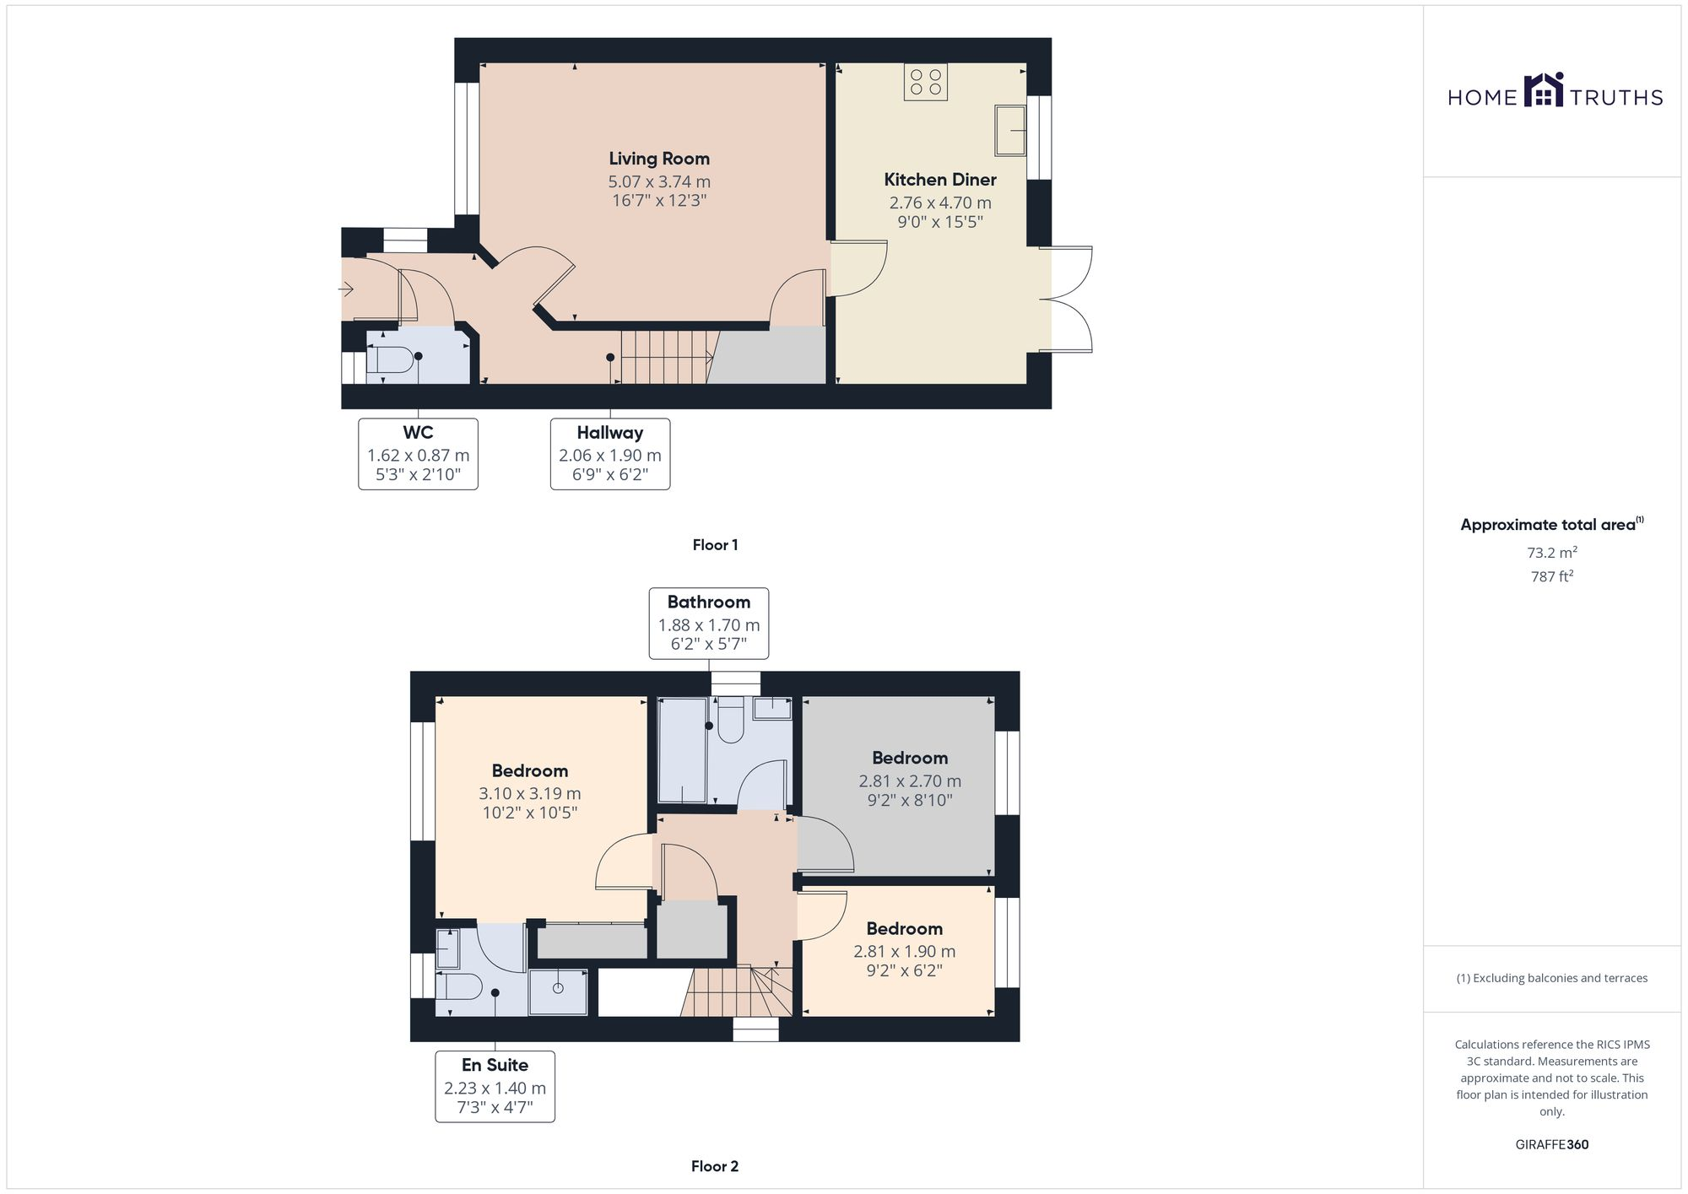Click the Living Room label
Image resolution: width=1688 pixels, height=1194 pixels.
[x=659, y=159]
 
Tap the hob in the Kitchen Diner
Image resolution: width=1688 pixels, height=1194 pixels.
[x=925, y=82]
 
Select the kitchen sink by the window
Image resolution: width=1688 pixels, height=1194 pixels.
[x=1009, y=130]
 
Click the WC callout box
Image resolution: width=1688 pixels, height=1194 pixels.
[x=418, y=453]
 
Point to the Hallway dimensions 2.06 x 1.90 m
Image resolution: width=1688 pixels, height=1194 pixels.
[x=609, y=456]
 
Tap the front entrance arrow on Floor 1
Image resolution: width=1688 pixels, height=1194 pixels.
[x=346, y=289]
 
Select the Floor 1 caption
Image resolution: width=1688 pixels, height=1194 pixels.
[x=715, y=545]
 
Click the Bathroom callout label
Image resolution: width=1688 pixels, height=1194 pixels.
[x=708, y=602]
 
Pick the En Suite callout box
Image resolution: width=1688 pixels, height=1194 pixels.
[x=495, y=1086]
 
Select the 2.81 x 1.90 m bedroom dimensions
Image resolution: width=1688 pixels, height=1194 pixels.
[x=904, y=952]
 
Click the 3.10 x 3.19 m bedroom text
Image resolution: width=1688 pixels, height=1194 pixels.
[x=529, y=793]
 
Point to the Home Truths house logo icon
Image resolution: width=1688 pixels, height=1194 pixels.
[x=1544, y=91]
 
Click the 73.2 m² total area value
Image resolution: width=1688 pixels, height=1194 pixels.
[x=1551, y=554]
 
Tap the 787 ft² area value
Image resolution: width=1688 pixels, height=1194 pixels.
[x=1551, y=577]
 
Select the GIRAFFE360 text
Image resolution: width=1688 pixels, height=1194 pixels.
[x=1551, y=1145]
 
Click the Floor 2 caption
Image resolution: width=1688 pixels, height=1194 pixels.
[x=715, y=1167]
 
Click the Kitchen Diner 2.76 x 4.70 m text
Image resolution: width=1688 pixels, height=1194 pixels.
[x=939, y=203]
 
